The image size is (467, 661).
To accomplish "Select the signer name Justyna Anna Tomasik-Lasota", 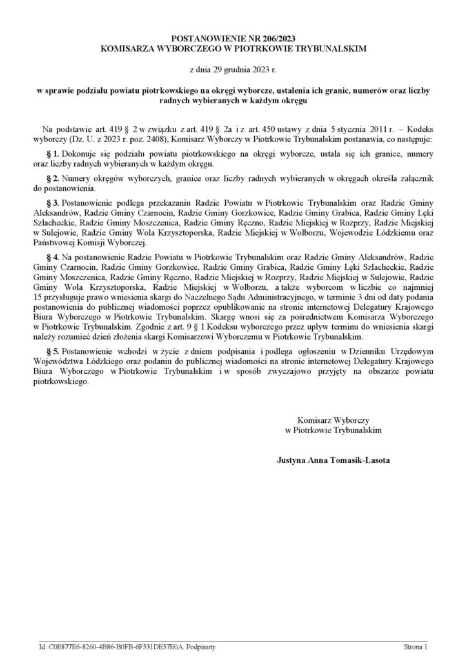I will [x=333, y=461].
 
